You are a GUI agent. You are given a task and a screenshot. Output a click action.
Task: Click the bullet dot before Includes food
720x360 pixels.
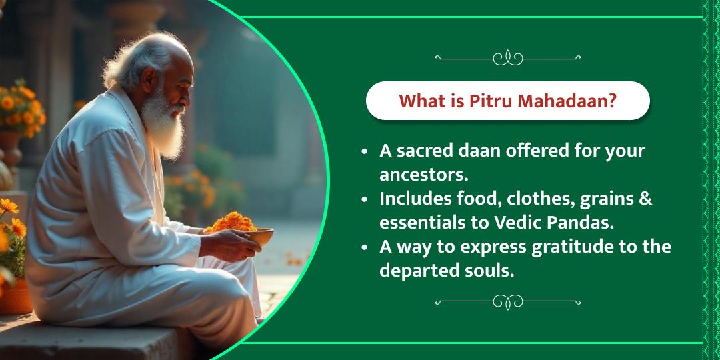364,199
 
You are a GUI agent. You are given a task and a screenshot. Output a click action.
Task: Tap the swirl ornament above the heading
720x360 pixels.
507,58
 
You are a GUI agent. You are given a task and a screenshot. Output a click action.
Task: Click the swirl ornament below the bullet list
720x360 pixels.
507,302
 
